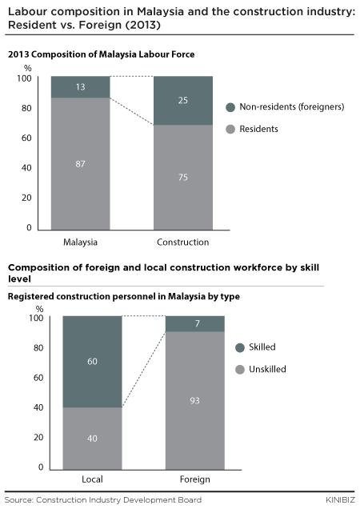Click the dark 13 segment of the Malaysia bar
point(81,87)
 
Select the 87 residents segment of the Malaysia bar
point(81,163)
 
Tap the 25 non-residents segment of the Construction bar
point(183,101)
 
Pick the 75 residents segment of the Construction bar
point(183,177)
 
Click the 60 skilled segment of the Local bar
point(93,361)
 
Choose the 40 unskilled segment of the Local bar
point(93,439)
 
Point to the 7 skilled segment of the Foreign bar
point(195,323)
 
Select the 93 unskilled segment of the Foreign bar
point(195,401)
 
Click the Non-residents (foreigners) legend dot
point(230,107)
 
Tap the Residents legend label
point(258,129)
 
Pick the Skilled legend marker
point(240,347)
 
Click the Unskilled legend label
point(267,369)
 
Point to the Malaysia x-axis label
point(80,242)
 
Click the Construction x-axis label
point(182,242)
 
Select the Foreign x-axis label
point(194,479)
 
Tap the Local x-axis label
point(92,479)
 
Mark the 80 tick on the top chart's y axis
point(26,108)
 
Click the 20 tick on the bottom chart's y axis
point(38,437)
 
